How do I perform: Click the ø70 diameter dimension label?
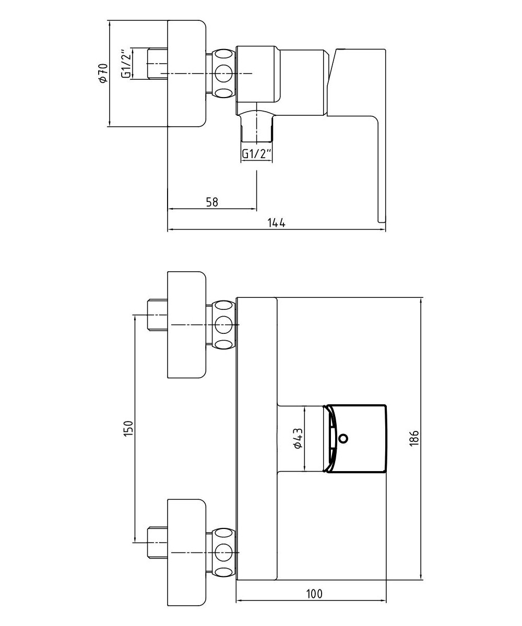(103, 73)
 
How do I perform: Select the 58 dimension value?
(211, 202)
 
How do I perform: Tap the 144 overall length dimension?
(276, 223)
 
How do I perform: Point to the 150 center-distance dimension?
(130, 428)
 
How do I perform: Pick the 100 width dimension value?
(314, 594)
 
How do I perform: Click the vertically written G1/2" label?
(126, 65)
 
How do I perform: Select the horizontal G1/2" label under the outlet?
(257, 154)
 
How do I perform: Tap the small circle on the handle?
(342, 439)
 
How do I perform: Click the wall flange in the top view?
(186, 73)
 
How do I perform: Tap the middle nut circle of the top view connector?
(224, 73)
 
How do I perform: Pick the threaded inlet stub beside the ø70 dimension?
(157, 65)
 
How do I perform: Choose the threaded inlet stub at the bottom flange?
(157, 543)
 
